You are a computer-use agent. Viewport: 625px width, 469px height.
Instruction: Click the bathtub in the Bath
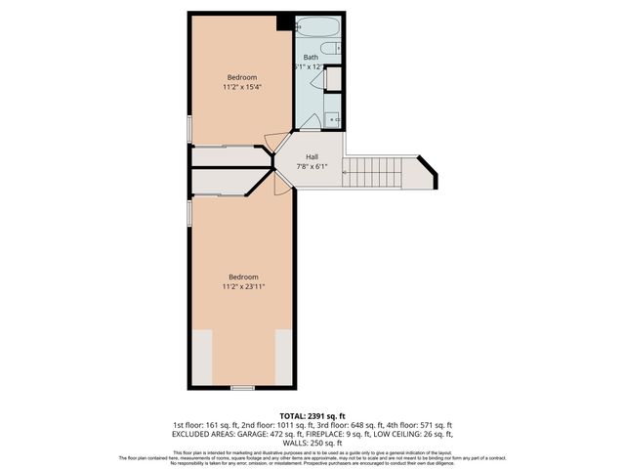[x=318, y=27]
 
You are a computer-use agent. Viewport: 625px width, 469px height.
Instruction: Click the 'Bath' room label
[x=311, y=58]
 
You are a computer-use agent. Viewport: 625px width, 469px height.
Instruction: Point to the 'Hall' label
[x=312, y=156]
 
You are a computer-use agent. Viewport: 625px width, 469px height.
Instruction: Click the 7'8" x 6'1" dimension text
[x=312, y=166]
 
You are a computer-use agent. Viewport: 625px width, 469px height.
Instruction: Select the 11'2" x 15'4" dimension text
[x=242, y=87]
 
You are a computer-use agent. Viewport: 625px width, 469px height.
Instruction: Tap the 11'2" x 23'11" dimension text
[x=243, y=286]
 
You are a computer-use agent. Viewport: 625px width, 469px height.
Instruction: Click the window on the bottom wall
[x=242, y=387]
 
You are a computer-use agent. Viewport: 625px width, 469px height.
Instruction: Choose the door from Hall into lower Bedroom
[x=282, y=184]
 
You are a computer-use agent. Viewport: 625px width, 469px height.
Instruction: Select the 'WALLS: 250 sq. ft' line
[x=312, y=442]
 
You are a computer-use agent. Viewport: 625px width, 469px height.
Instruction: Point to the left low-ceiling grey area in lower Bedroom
[x=201, y=357]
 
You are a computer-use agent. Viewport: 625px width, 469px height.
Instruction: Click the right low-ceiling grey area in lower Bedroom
[x=284, y=357]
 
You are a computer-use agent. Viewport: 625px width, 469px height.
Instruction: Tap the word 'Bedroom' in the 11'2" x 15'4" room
[x=242, y=77]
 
